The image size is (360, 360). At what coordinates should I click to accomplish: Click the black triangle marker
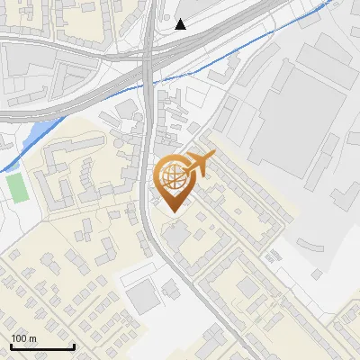[x=181, y=24]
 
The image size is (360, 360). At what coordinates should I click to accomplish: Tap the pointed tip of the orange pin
[x=171, y=211]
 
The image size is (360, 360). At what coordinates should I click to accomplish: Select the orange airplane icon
[x=201, y=164]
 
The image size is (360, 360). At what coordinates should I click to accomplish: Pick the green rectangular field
[x=16, y=186]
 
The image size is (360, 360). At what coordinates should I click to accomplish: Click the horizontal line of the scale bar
[x=41, y=346]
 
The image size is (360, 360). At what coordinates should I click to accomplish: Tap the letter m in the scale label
[x=33, y=338]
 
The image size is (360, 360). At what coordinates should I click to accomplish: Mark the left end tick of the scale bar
[x=10, y=345]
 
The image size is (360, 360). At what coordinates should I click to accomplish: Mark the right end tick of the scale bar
[x=73, y=345]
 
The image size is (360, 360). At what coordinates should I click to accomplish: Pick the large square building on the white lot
[x=142, y=297]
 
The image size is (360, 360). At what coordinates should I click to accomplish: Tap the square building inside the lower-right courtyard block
[x=248, y=288]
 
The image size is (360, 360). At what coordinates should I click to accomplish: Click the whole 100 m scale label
[x=24, y=338]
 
